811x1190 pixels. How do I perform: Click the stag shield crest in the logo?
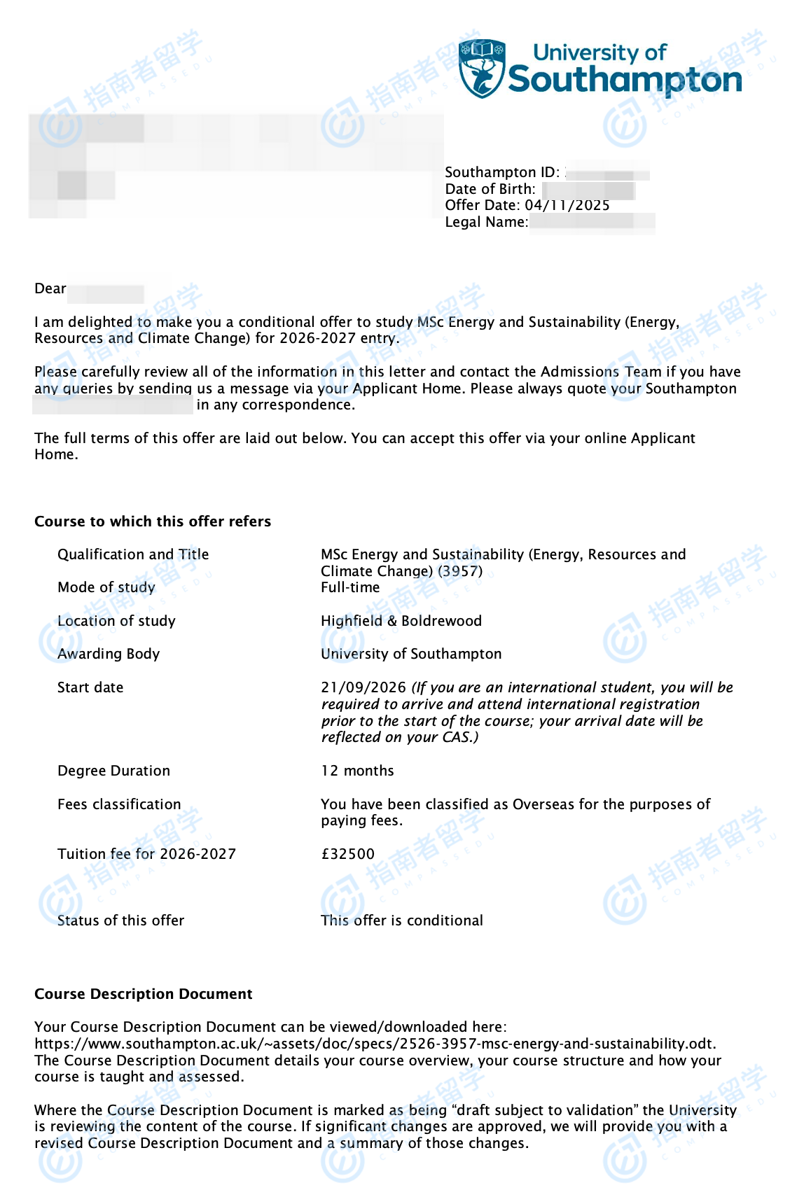[x=482, y=68]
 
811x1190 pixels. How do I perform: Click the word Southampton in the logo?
[x=625, y=80]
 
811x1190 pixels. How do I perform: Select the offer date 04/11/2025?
[x=567, y=205]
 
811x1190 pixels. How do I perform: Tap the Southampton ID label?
[x=501, y=172]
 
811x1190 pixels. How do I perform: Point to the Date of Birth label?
[x=490, y=189]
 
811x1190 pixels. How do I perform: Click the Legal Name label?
[x=487, y=222]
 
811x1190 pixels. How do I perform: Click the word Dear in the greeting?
[x=50, y=288]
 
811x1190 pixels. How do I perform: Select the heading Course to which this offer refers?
[x=153, y=521]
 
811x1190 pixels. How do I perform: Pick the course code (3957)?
[x=460, y=571]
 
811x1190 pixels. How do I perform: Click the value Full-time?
[x=350, y=587]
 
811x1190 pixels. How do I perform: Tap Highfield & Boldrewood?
[x=401, y=621]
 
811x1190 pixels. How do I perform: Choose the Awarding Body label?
[x=109, y=654]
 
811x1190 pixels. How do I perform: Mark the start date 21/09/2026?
[x=363, y=687]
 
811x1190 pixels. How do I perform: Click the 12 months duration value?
[x=357, y=771]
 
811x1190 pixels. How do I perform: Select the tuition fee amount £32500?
[x=347, y=854]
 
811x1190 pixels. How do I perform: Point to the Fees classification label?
[x=119, y=804]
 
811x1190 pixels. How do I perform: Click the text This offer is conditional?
[x=402, y=920]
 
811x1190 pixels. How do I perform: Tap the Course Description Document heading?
[x=144, y=994]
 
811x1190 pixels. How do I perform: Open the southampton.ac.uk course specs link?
[x=375, y=1044]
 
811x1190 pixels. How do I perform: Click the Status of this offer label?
[x=120, y=920]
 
